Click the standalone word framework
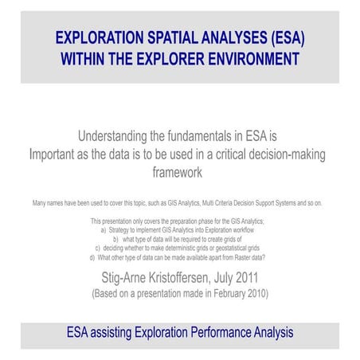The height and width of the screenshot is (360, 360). coord(179,171)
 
